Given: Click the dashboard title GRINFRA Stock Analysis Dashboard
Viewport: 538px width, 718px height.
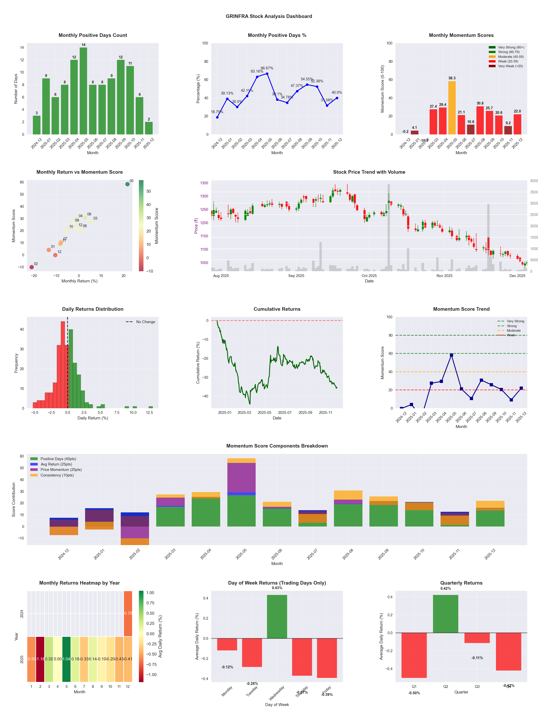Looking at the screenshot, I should (269, 16).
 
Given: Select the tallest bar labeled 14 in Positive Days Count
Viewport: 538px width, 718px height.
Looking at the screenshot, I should (83, 91).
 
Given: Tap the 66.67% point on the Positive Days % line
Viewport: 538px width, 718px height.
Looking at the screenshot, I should (267, 74).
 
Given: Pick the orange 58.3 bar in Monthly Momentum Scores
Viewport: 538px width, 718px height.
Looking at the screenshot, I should (452, 108).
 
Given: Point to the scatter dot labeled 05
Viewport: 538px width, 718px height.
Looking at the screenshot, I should (128, 184).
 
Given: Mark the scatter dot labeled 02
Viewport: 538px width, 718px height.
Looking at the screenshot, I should (31, 267).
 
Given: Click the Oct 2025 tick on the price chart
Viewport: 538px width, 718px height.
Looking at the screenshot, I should (369, 276).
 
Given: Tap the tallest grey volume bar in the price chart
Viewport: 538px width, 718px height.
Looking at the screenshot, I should (389, 227).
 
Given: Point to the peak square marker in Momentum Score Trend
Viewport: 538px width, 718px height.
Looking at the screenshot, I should (451, 355).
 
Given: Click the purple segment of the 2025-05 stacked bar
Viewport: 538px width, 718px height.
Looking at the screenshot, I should (241, 477).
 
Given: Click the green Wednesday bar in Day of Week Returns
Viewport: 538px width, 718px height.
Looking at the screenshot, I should (277, 616).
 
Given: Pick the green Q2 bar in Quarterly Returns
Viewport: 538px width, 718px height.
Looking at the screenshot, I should (446, 614).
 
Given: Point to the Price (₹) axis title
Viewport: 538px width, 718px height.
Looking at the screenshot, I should (196, 226).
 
